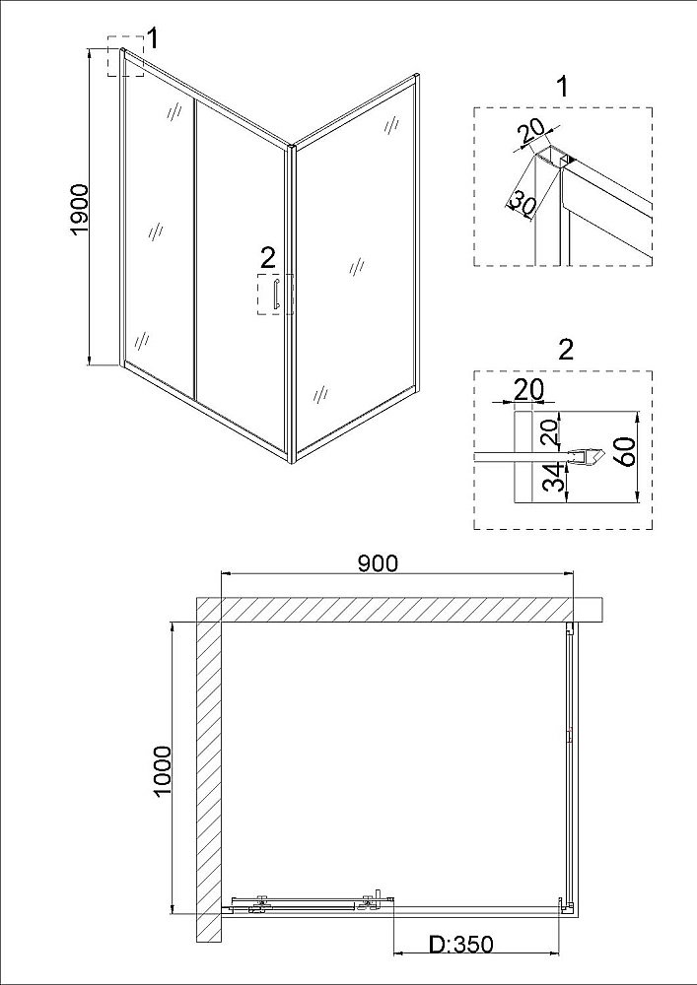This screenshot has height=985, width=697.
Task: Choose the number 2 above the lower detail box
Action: click(566, 350)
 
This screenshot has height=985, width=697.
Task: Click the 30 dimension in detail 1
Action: click(521, 201)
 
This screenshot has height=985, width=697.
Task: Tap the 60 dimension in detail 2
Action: click(627, 450)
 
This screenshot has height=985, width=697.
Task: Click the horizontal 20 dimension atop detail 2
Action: click(528, 390)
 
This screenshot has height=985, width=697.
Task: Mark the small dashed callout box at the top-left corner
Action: click(126, 55)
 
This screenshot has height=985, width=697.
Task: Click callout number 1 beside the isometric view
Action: click(152, 39)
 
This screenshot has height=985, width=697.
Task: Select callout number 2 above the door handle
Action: click(268, 256)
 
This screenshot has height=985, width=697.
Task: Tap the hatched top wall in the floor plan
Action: click(399, 609)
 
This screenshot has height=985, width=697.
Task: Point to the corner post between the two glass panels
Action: click(291, 304)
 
